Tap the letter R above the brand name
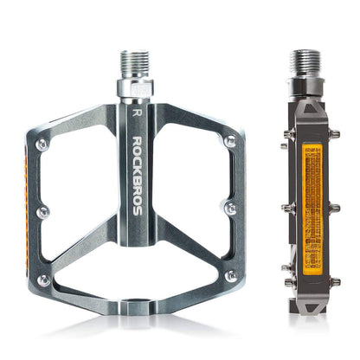click(x=135, y=111)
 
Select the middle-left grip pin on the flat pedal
click(x=42, y=210)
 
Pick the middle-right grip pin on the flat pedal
click(x=229, y=208)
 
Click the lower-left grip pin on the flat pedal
click(x=42, y=280)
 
